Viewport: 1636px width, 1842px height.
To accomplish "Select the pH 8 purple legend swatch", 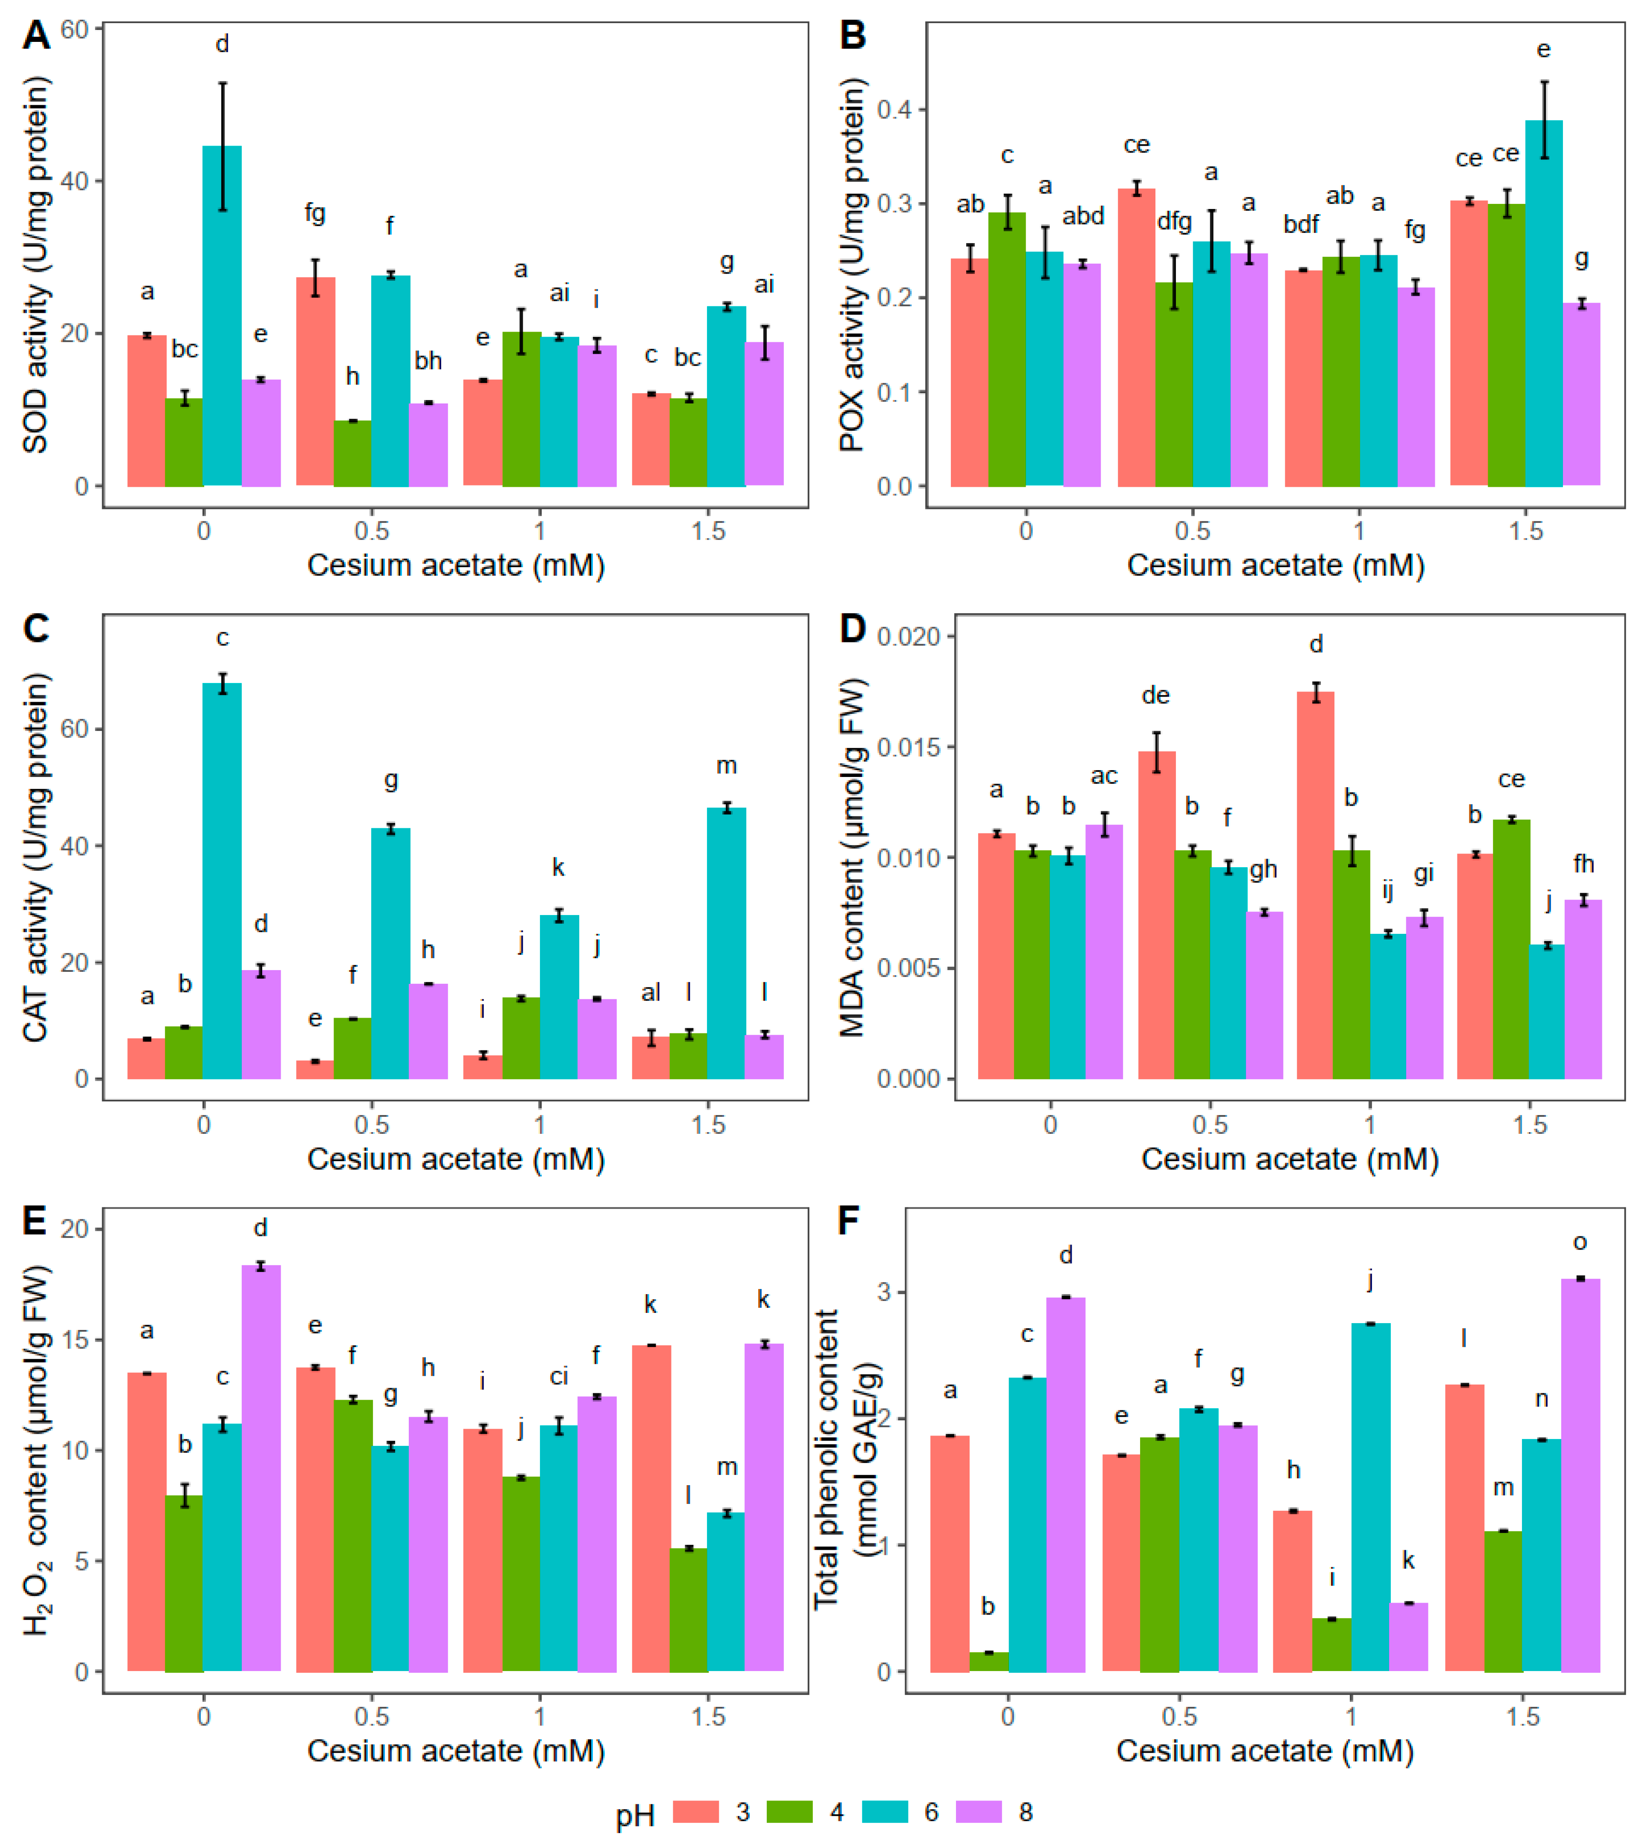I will pyautogui.click(x=977, y=1811).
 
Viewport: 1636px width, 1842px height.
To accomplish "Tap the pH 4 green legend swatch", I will pyautogui.click(x=789, y=1811).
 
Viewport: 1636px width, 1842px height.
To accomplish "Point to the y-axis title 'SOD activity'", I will pyautogui.click(x=36, y=266).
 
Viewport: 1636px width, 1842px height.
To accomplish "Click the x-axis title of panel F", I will pyautogui.click(x=1265, y=1750).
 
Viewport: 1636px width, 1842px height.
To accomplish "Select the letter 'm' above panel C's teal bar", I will pyautogui.click(x=726, y=766).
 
